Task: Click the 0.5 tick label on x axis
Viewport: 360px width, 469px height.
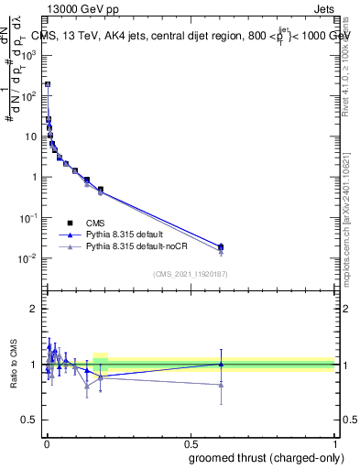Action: click(x=190, y=443)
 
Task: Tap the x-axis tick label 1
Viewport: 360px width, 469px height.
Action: click(x=333, y=443)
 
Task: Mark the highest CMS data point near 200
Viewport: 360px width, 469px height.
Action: click(x=48, y=84)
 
